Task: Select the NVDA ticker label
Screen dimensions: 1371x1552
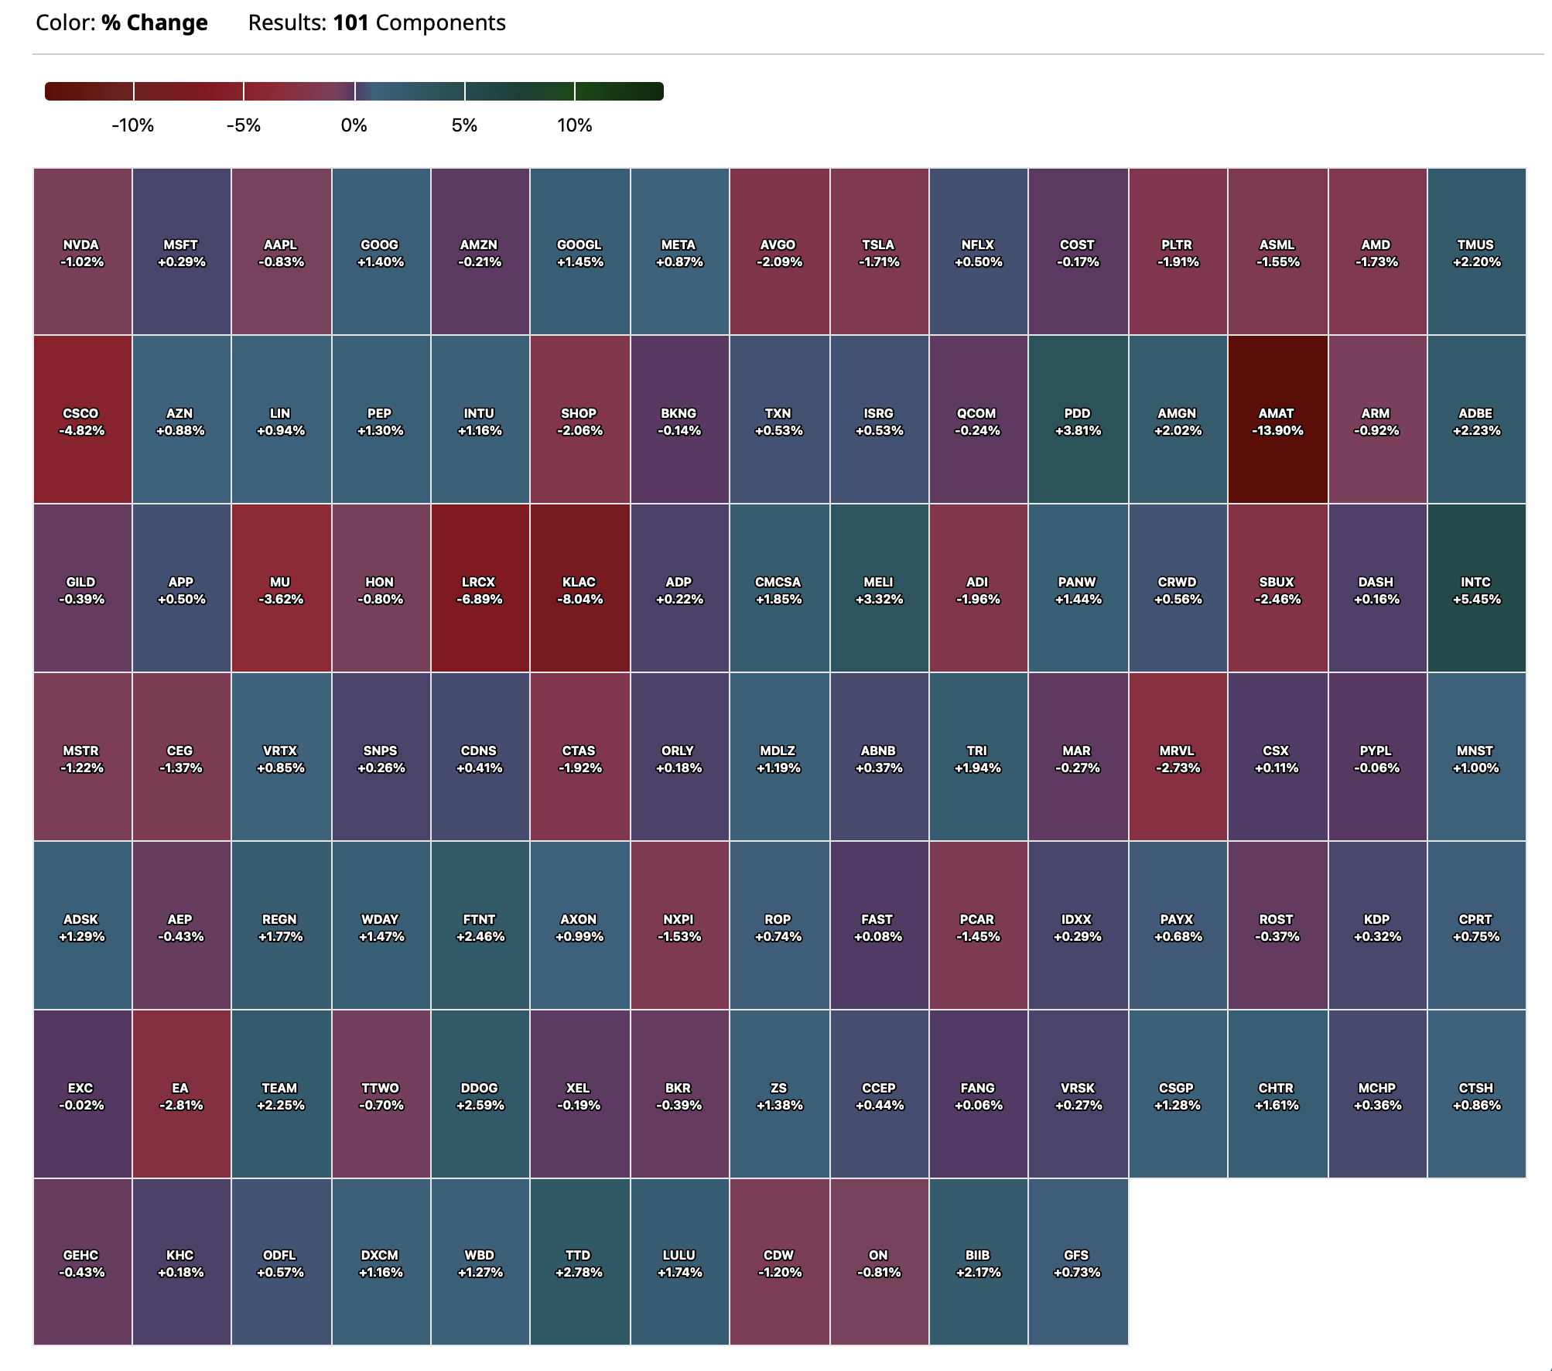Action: pyautogui.click(x=81, y=244)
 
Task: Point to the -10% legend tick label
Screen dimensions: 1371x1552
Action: pyautogui.click(x=133, y=125)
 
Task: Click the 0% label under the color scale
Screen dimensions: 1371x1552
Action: pyautogui.click(x=354, y=125)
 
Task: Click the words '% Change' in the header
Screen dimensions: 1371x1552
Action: pyautogui.click(x=155, y=23)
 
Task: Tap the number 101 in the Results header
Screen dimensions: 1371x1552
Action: pyautogui.click(x=350, y=23)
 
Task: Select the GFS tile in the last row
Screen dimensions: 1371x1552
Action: pyautogui.click(x=1077, y=1263)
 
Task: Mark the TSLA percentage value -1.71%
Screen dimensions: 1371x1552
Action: pyautogui.click(x=879, y=262)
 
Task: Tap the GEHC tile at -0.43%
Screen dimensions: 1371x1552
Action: pyautogui.click(x=82, y=1263)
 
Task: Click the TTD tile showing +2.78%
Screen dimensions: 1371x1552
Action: pyautogui.click(x=579, y=1263)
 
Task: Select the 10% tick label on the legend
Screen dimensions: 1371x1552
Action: pyautogui.click(x=575, y=125)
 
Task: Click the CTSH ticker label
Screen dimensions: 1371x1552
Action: pyautogui.click(x=1475, y=1088)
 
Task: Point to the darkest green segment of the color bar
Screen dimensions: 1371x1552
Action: pyautogui.click(x=619, y=91)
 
